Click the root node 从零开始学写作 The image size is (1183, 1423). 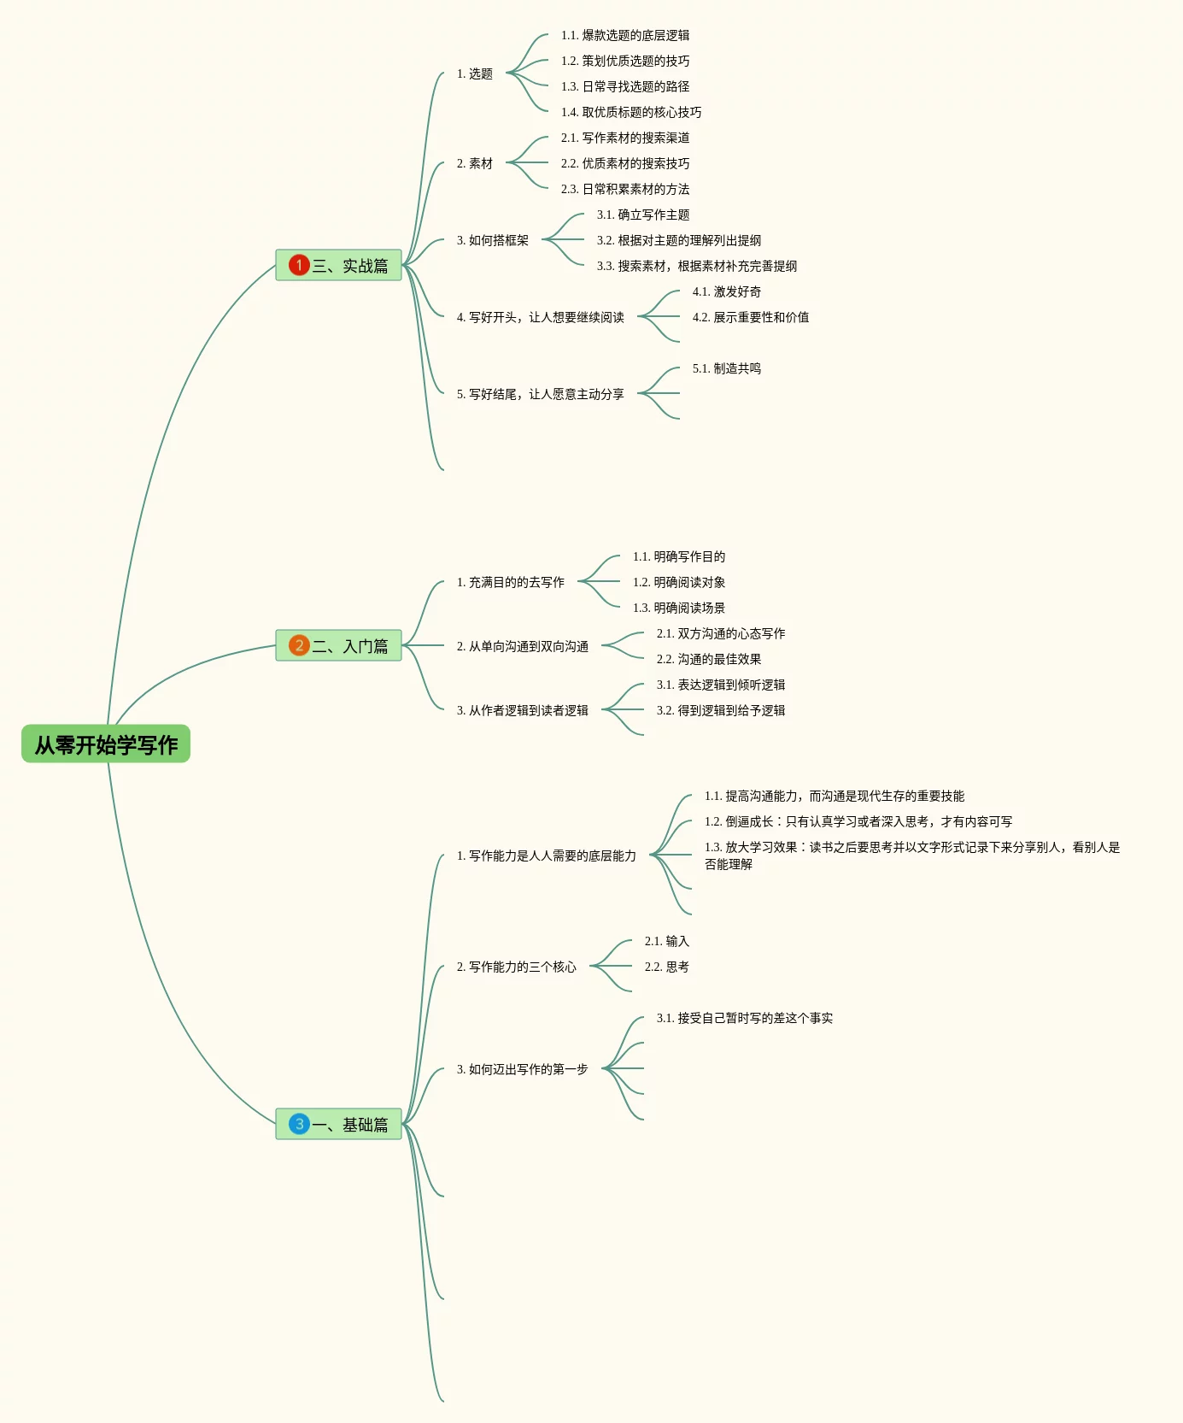tap(106, 744)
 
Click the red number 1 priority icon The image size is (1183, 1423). tap(299, 265)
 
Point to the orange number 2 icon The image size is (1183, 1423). tap(299, 645)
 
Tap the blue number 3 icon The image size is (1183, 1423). tap(299, 1124)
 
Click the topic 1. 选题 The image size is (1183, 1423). tap(475, 74)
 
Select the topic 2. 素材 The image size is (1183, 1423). tap(475, 163)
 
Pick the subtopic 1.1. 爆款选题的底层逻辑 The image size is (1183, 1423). tap(625, 35)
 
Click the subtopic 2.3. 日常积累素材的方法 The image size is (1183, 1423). tap(625, 189)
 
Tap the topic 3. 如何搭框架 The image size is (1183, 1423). tap(493, 240)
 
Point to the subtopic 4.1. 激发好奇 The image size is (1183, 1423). tap(727, 291)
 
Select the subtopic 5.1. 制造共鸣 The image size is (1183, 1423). tap(727, 368)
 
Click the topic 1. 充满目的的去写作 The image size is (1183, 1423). tap(511, 582)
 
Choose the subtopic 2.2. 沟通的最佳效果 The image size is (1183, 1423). tap(709, 659)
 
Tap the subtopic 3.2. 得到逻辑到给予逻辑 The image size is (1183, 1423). tap(721, 710)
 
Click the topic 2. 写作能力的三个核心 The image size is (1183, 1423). tap(517, 967)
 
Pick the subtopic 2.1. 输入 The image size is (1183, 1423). tap(667, 941)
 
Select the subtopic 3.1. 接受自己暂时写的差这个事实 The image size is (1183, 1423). tap(745, 1018)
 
